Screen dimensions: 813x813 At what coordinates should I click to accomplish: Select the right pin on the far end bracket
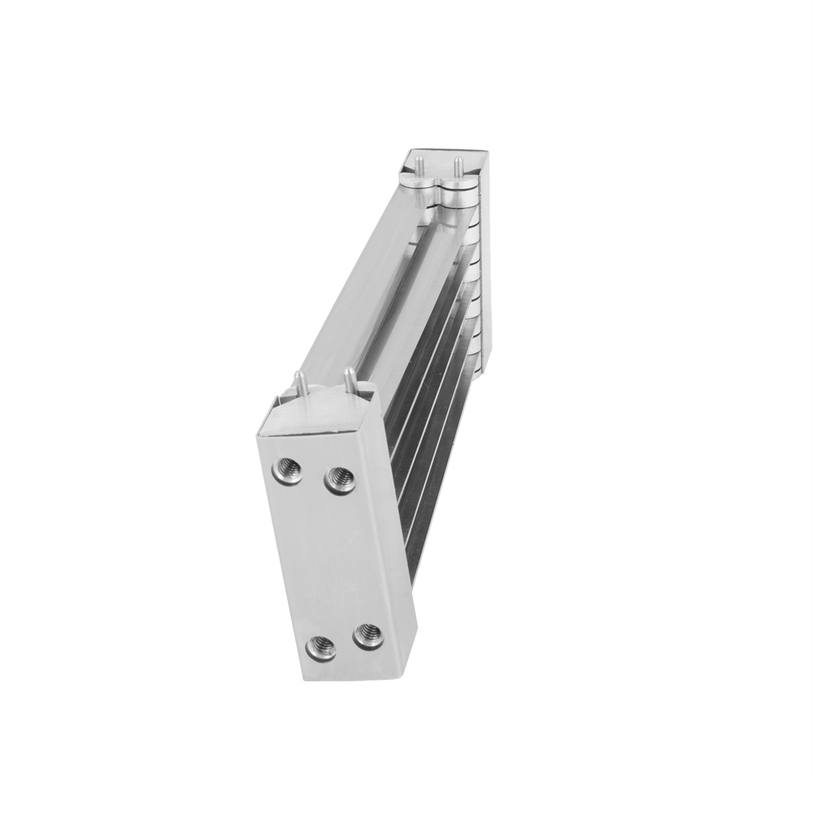[458, 165]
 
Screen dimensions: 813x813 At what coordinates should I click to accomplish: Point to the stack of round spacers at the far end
[472, 268]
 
